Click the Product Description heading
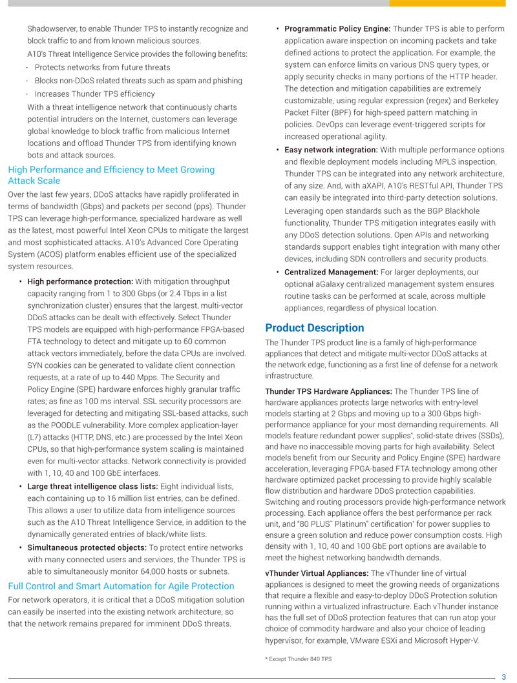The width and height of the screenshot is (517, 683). click(314, 328)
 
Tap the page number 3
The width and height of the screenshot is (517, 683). click(504, 677)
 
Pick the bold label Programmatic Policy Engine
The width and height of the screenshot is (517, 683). click(337, 29)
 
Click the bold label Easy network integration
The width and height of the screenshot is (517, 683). click(331, 150)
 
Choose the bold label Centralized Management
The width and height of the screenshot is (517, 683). click(331, 272)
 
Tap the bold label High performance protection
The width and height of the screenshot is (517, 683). click(80, 281)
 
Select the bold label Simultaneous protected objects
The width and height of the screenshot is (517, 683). click(87, 547)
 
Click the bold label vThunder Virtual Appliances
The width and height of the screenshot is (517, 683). click(317, 573)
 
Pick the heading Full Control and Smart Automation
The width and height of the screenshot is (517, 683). click(121, 586)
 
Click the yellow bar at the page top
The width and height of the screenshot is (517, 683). click(452, 3)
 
